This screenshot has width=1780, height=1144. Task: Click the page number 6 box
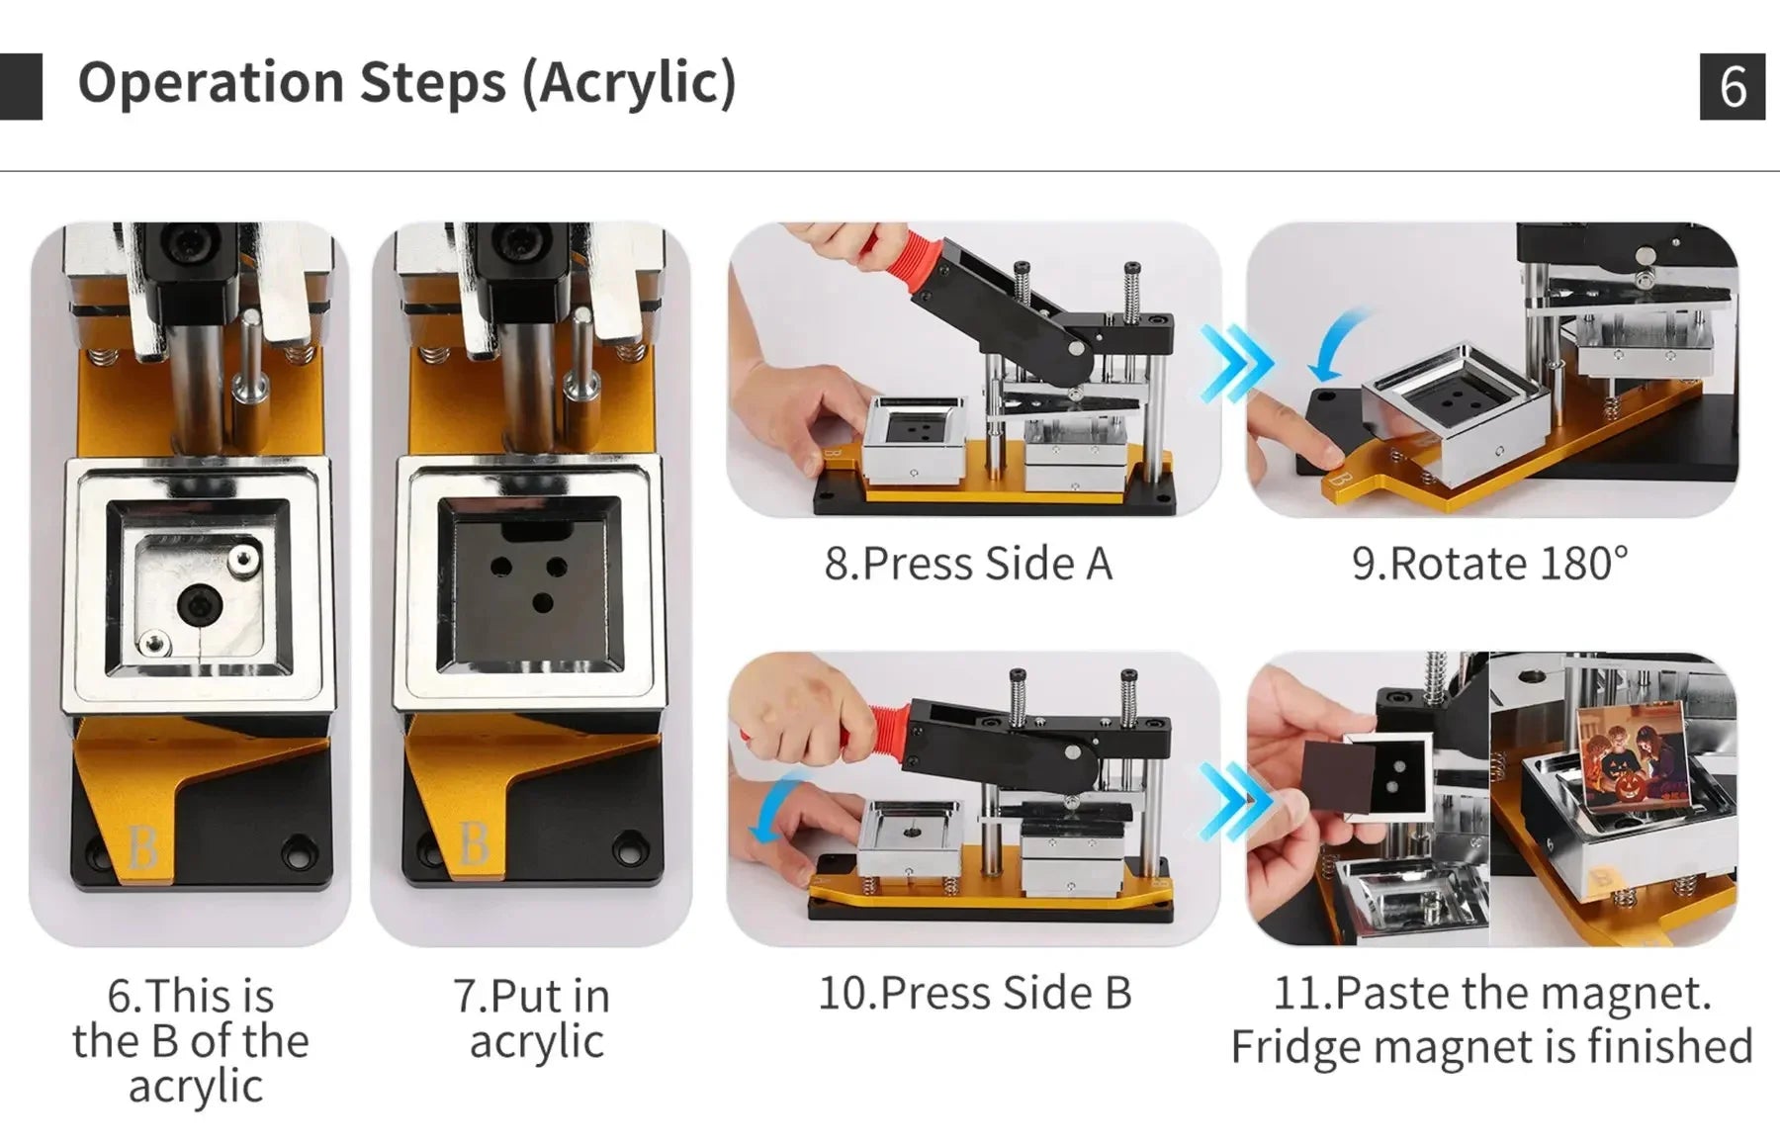tap(1732, 87)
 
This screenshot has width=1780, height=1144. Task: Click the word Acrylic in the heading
tap(629, 82)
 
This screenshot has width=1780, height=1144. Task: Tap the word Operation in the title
tap(212, 83)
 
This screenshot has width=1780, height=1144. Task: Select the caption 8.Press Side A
tap(968, 564)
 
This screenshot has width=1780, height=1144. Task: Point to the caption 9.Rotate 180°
tap(1489, 564)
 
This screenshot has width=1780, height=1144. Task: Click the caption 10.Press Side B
tap(974, 993)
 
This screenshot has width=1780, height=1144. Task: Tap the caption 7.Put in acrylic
tap(533, 1018)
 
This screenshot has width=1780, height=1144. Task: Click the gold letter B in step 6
tap(142, 847)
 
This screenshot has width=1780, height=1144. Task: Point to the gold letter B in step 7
tap(474, 842)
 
